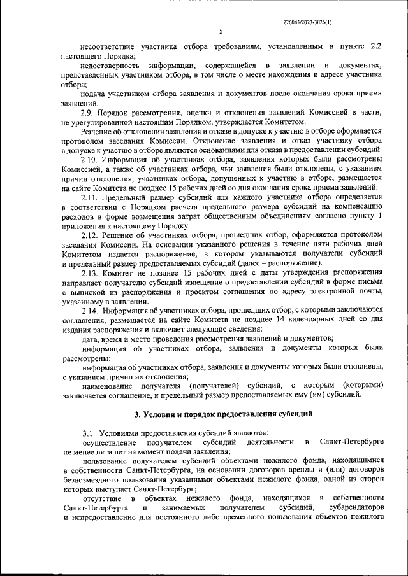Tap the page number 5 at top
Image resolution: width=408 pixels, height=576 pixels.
pyautogui.click(x=220, y=31)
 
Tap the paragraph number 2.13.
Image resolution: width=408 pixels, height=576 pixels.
pyautogui.click(x=92, y=273)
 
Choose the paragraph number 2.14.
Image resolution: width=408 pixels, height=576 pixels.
pyautogui.click(x=92, y=311)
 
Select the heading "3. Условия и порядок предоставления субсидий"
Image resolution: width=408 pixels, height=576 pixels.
pyautogui.click(x=222, y=414)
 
